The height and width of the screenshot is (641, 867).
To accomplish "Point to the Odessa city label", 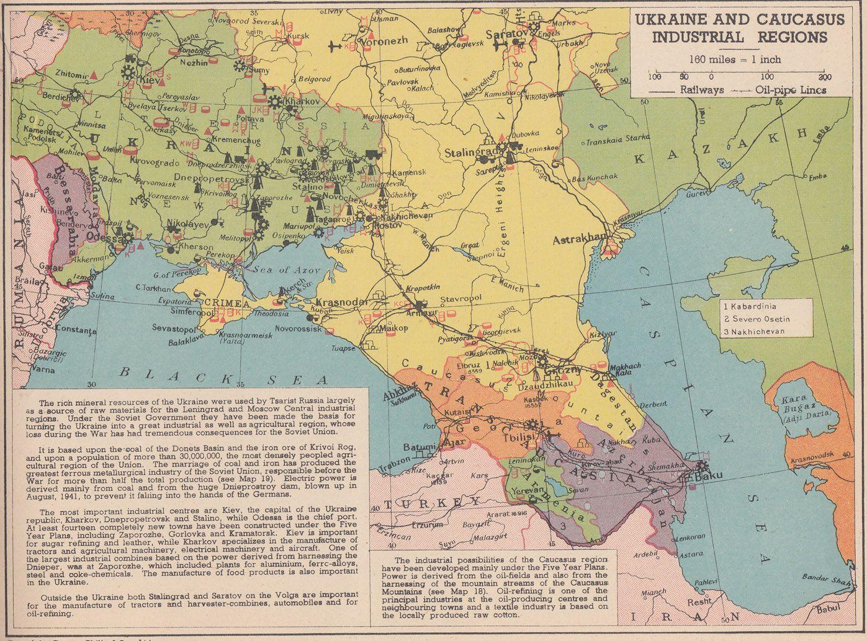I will click(x=102, y=237).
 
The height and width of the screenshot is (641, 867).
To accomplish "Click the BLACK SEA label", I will click(x=213, y=374).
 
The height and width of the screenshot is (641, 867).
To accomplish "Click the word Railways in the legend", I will click(x=701, y=90).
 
